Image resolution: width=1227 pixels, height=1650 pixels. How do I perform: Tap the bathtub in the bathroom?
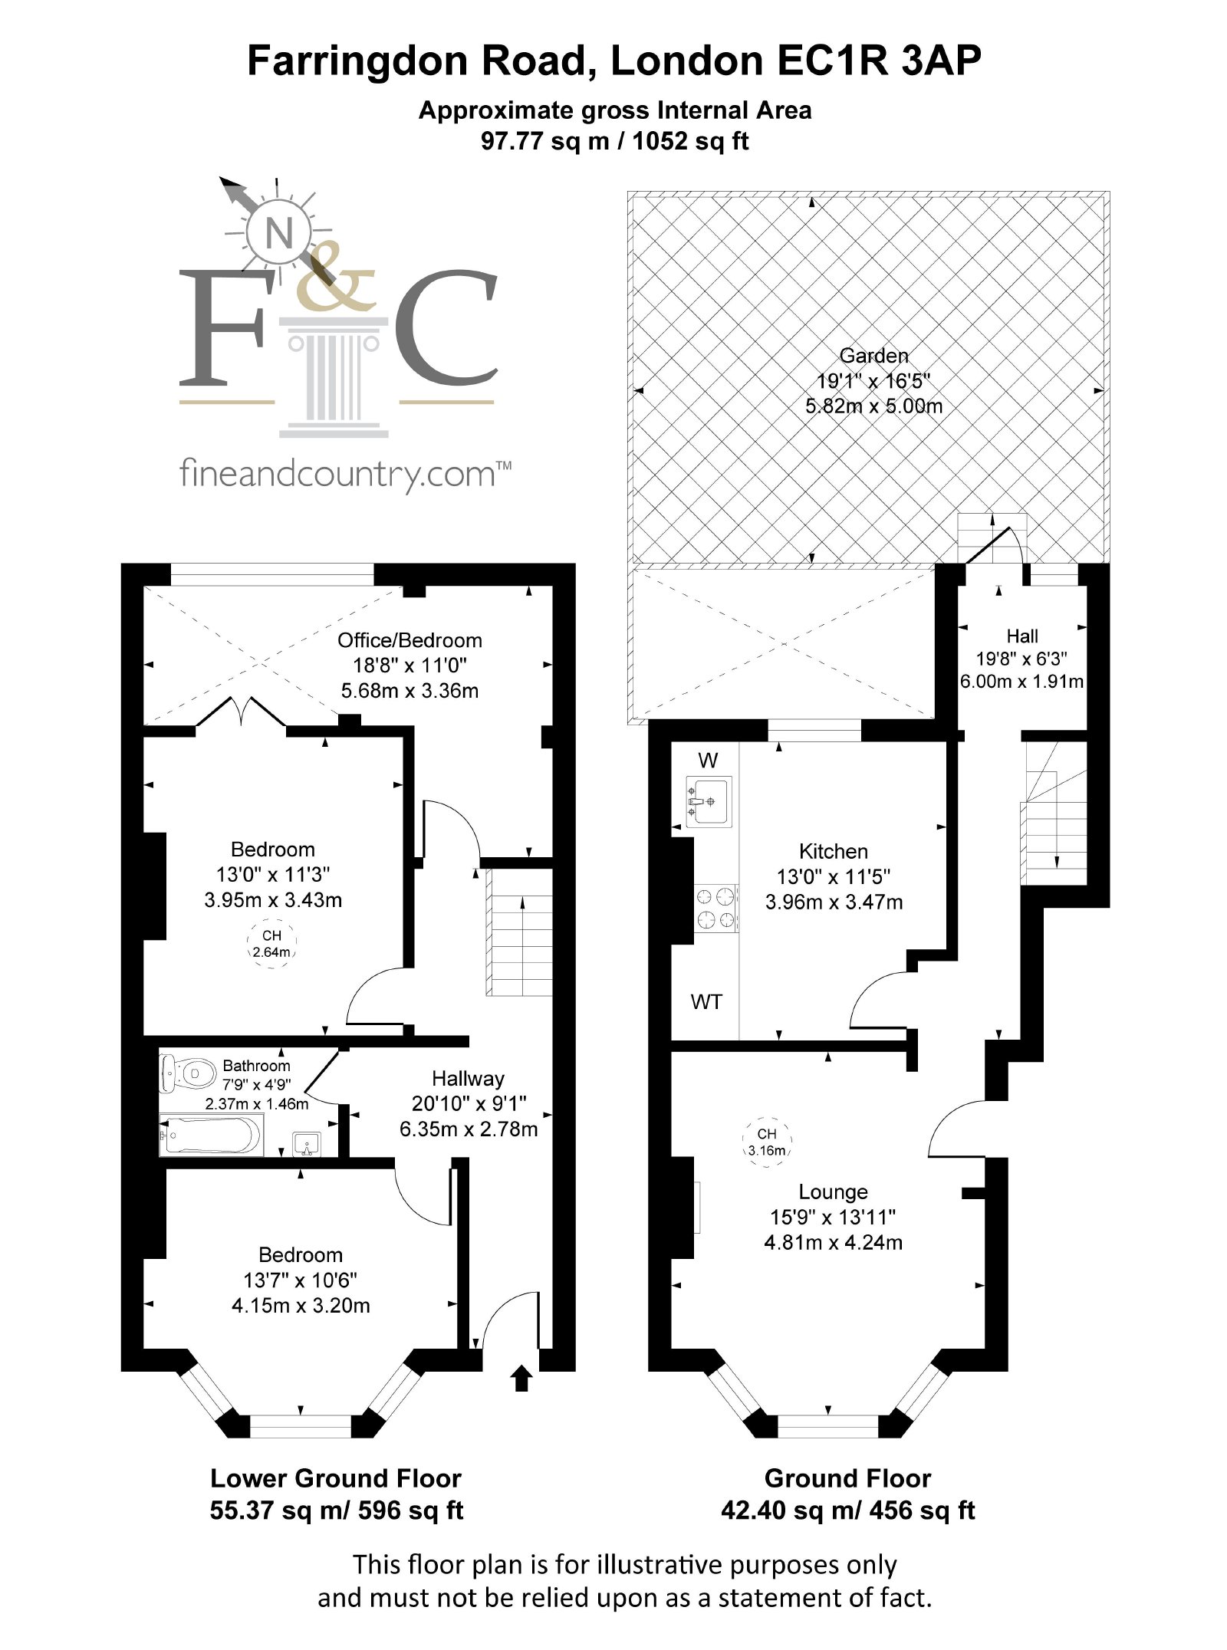click(x=212, y=1135)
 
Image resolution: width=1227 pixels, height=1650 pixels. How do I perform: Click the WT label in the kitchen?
click(x=706, y=1001)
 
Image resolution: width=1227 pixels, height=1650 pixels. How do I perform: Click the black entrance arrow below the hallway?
click(x=521, y=1377)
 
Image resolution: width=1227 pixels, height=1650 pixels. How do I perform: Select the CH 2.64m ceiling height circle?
click(x=271, y=944)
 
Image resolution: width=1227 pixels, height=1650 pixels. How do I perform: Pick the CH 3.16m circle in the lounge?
click(x=767, y=1142)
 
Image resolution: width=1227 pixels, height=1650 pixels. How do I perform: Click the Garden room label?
click(x=874, y=356)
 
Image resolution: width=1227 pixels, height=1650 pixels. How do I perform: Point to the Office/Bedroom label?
click(x=410, y=640)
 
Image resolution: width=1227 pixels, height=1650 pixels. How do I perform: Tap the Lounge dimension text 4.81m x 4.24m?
click(x=834, y=1242)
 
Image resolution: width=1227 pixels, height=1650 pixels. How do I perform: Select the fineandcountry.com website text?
click(x=345, y=474)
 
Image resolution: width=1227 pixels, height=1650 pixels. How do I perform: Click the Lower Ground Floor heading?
click(x=336, y=1477)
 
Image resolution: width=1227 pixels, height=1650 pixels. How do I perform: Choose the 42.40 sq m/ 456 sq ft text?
click(x=848, y=1510)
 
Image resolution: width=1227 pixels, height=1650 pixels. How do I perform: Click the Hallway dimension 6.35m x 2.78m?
click(x=469, y=1129)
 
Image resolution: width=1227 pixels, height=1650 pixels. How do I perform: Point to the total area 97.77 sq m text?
click(x=615, y=141)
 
